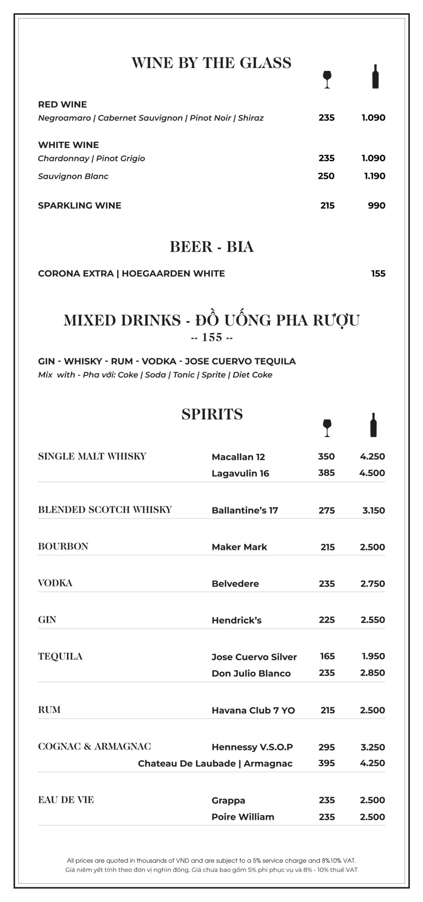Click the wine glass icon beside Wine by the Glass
[x=327, y=79]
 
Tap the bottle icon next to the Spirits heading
[x=374, y=425]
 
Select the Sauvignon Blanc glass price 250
[x=326, y=176]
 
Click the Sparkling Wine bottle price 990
[x=376, y=205]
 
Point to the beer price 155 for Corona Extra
[x=378, y=273]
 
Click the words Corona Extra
[x=76, y=273]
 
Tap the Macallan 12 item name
[x=238, y=457]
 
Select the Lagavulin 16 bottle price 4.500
[x=372, y=473]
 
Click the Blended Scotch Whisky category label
[x=105, y=509]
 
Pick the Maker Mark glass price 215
[x=327, y=547]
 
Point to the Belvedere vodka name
[x=235, y=583]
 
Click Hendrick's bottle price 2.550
[x=373, y=620]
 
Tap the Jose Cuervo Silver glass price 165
[x=327, y=656]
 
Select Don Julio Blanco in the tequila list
[x=251, y=673]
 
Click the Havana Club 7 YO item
[x=253, y=710]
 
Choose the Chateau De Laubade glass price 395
[x=326, y=763]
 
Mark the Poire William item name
[x=243, y=817]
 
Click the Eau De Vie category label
[x=66, y=800]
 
